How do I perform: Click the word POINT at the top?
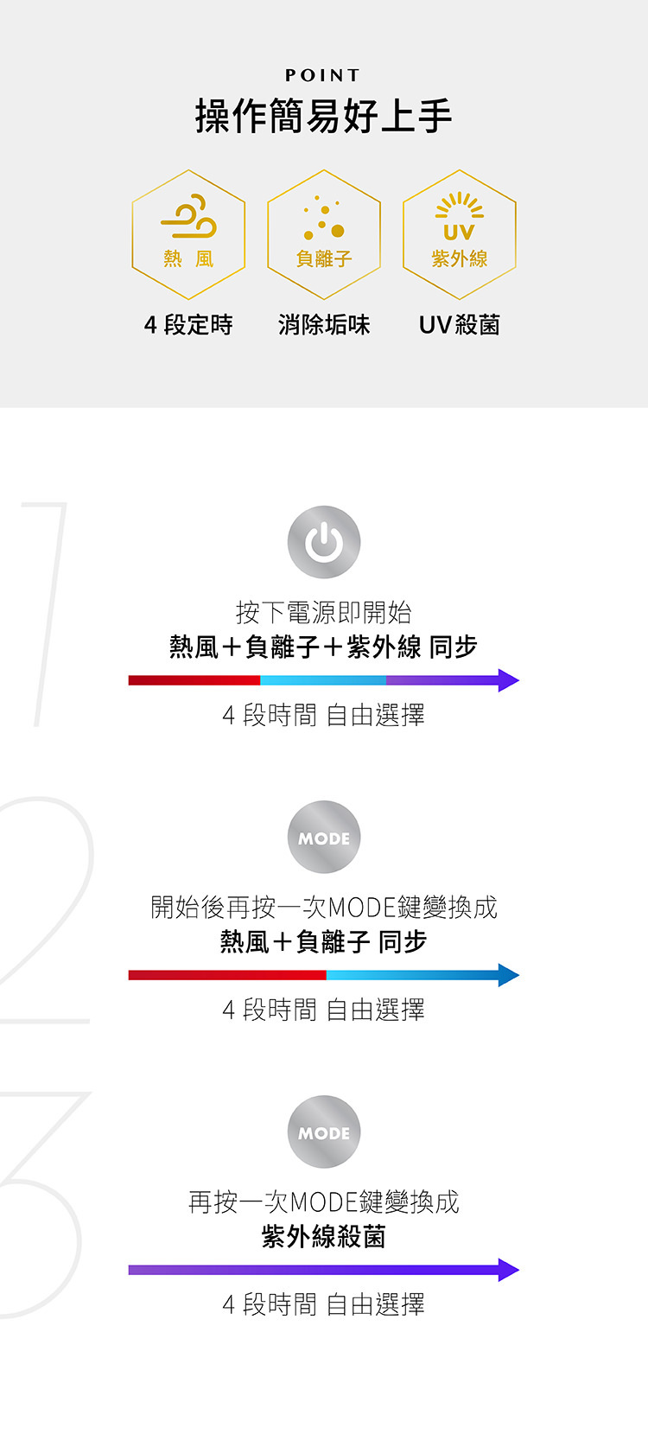[323, 76]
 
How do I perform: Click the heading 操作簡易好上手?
[324, 116]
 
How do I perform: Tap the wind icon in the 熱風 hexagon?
[189, 217]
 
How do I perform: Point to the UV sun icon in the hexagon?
[459, 217]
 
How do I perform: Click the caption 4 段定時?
[188, 325]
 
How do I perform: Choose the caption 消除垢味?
[324, 325]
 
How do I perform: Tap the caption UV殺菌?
[459, 325]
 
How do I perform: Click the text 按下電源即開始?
[324, 612]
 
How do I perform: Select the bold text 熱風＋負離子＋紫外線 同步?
[324, 647]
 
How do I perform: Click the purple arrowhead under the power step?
[508, 680]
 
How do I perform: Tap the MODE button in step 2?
[324, 837]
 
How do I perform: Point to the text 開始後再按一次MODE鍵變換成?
[324, 907]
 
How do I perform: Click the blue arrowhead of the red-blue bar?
[508, 975]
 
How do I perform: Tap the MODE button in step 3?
[324, 1131]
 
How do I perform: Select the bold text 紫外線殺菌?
[324, 1236]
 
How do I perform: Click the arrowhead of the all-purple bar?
[508, 1270]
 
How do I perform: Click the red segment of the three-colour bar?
[194, 680]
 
